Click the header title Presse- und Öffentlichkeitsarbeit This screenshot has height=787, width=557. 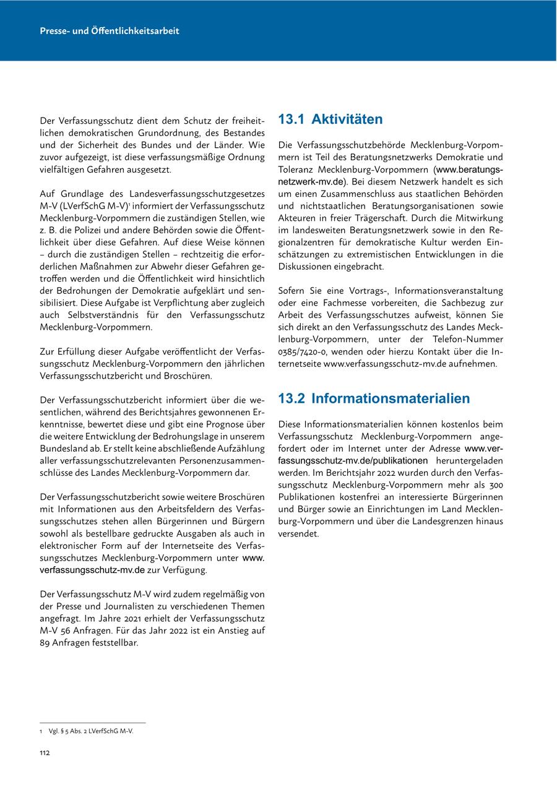pyautogui.click(x=109, y=30)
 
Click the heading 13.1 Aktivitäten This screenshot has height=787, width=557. pyautogui.click(x=330, y=119)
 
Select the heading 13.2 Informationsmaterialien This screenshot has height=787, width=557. pyautogui.click(x=374, y=398)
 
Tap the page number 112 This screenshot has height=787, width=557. pyautogui.click(x=45, y=752)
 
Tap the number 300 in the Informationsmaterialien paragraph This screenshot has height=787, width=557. pyautogui.click(x=494, y=484)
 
